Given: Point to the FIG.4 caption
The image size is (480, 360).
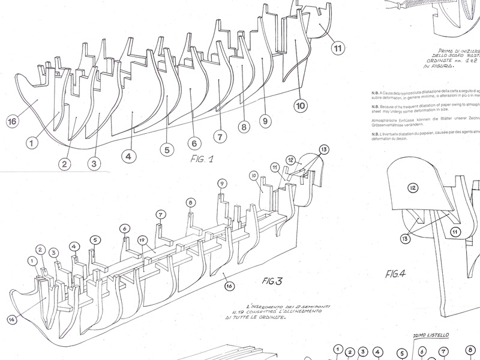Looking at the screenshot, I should coord(397,275).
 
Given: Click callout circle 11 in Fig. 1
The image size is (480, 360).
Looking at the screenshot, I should coord(338,47).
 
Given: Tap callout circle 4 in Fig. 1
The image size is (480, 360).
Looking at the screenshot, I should coord(127,155).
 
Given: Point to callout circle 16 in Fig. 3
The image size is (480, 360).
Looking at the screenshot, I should coord(229,286).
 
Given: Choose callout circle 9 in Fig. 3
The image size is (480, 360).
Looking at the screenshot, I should coord(221,183).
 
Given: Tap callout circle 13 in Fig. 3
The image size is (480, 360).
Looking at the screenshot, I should coord(325,149).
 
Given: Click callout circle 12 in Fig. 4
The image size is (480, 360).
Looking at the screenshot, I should coord(413,188).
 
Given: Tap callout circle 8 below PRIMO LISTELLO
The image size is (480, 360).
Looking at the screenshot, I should coord(470,352).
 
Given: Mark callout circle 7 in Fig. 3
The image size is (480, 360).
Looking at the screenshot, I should coord(160,214).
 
